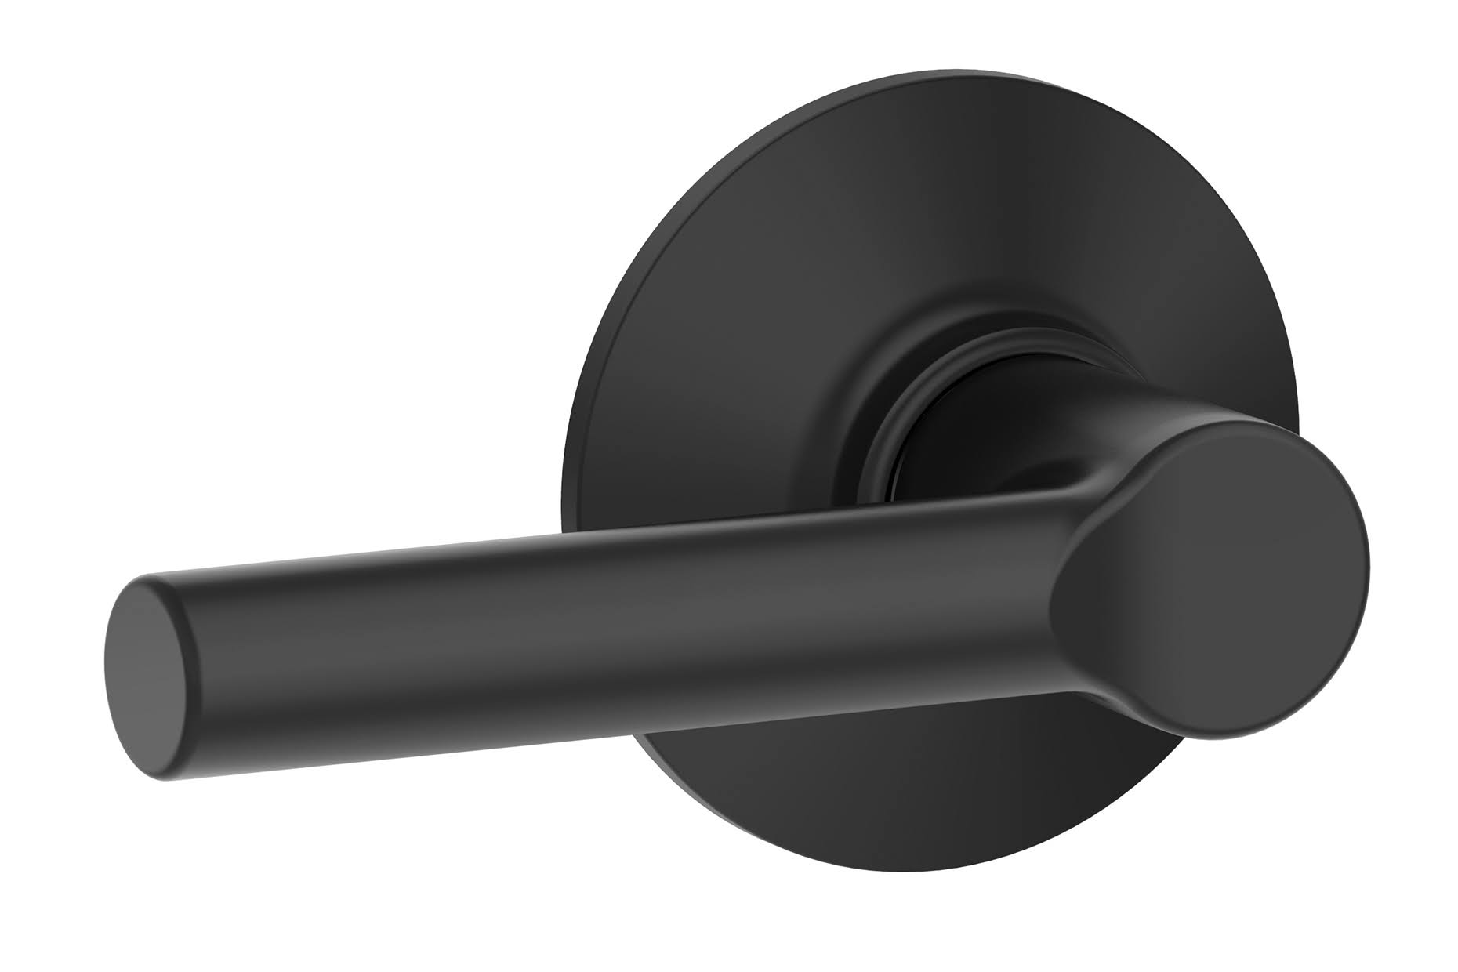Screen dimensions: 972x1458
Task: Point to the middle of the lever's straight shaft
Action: point(588,619)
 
